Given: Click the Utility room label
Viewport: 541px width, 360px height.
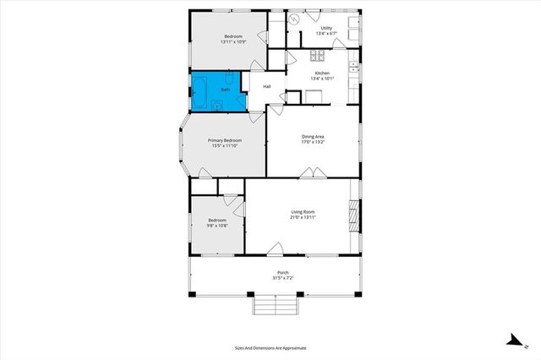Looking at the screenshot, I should (x=325, y=28).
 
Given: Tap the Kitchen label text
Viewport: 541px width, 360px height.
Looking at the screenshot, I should (x=322, y=74).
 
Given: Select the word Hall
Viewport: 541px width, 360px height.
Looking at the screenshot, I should (x=266, y=86).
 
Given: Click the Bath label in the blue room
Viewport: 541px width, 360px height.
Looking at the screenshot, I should (x=225, y=89).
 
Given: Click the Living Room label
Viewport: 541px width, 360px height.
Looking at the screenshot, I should (x=303, y=211).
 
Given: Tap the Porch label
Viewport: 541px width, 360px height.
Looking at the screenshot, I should (x=282, y=272).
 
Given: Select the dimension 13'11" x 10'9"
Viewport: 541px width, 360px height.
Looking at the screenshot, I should (x=232, y=41).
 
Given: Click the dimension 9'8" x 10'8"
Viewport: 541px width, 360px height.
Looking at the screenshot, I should (x=216, y=226).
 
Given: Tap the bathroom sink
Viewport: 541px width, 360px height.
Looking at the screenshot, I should (x=217, y=106).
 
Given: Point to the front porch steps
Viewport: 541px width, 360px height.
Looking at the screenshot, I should (x=275, y=305).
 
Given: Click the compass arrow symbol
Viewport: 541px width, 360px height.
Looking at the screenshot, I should (x=512, y=340).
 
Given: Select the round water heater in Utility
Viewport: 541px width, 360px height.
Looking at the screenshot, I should (x=295, y=19).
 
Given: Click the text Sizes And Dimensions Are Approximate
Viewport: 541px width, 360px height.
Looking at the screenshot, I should (x=270, y=347).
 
